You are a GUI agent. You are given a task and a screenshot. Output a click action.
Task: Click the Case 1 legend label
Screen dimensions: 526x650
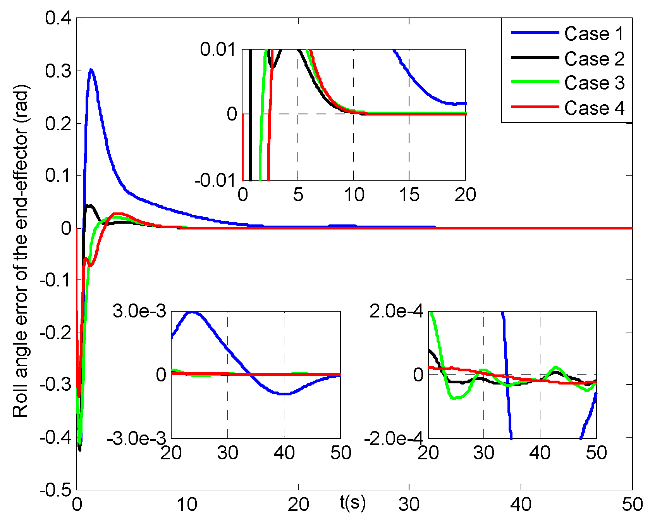(594, 34)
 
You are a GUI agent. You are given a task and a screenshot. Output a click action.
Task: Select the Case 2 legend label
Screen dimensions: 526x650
(594, 59)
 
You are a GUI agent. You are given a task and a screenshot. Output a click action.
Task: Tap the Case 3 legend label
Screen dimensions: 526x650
(594, 83)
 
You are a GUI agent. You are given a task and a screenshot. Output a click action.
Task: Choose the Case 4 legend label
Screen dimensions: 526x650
(594, 108)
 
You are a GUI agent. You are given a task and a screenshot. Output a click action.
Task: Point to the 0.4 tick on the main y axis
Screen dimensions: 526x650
(58, 18)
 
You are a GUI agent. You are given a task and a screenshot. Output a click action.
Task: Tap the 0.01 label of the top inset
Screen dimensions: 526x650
(218, 50)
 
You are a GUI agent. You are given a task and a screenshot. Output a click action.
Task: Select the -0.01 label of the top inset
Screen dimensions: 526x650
(215, 180)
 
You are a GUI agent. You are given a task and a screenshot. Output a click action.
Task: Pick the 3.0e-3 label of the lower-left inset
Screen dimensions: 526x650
(139, 311)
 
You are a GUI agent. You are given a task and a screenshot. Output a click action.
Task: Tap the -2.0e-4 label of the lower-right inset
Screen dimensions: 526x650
(394, 439)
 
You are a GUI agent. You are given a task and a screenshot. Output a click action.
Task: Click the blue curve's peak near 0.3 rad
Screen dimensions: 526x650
(91, 70)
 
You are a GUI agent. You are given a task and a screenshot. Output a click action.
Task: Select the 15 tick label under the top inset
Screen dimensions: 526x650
(409, 195)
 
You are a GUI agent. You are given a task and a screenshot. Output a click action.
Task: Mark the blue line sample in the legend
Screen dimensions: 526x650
(535, 33)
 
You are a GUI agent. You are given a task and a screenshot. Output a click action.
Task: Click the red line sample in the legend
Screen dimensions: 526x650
(535, 107)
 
